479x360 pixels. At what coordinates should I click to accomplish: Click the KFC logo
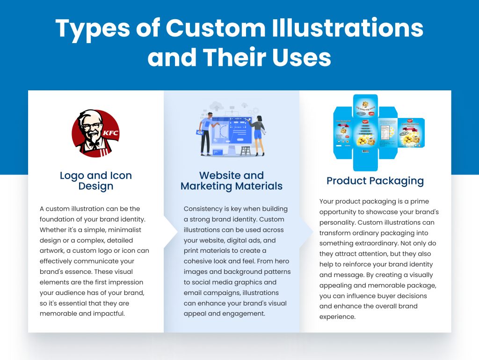tap(95, 133)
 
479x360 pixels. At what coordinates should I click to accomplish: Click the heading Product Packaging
tap(375, 181)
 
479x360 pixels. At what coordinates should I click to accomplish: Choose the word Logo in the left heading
tap(73, 176)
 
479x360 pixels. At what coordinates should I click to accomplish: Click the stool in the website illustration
tap(245, 150)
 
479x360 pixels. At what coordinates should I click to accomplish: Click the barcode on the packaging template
tap(366, 151)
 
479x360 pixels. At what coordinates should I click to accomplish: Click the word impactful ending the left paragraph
tap(109, 313)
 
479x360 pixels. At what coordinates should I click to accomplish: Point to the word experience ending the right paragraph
tap(338, 316)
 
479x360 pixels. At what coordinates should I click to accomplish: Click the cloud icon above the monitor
tap(216, 105)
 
